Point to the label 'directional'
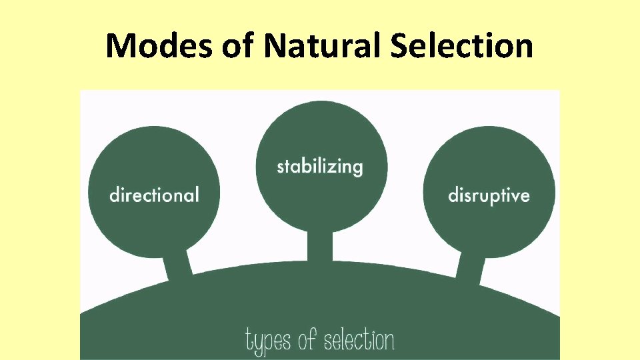(154, 195)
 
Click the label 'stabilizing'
(320, 166)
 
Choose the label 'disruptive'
(489, 196)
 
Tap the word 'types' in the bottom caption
(269, 341)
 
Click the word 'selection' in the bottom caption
(359, 341)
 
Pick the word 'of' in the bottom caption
(307, 341)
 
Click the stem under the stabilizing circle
(320, 247)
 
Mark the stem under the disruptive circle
(471, 266)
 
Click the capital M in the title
(120, 47)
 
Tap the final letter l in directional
(197, 194)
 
